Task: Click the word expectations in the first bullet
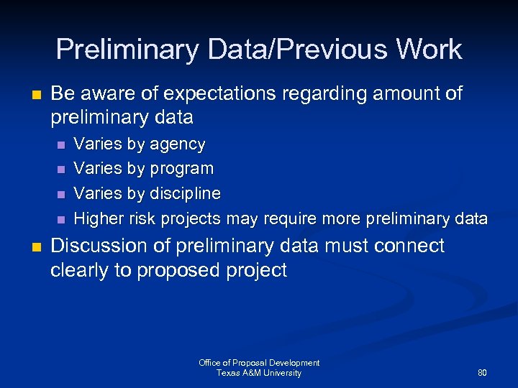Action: coord(219,94)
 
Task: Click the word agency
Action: coord(177,144)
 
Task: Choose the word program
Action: coord(181,170)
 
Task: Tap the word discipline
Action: coord(185,194)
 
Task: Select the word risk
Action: coord(142,218)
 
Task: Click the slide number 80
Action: coord(481,373)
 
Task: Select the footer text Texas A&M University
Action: coord(259,373)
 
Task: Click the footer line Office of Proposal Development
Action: coord(259,363)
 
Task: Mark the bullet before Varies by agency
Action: coord(60,145)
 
